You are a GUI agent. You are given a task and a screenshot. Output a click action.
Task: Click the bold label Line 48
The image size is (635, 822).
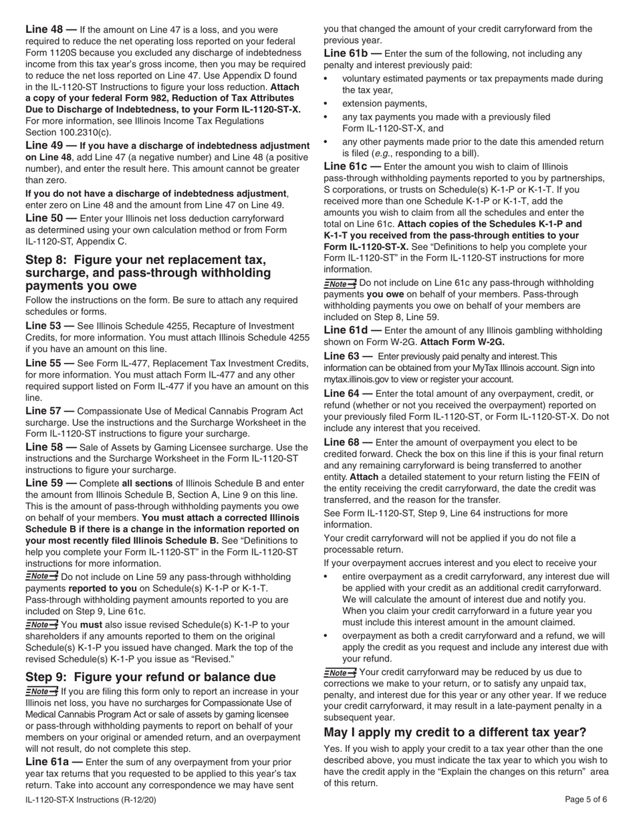pyautogui.click(x=45, y=29)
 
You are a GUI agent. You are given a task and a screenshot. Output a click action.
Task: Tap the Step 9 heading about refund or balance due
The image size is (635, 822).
pyautogui.click(x=150, y=677)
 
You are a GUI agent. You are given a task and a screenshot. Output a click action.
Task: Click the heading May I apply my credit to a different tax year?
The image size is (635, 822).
pyautogui.click(x=455, y=732)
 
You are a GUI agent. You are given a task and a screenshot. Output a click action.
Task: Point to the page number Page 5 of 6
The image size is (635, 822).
pyautogui.click(x=586, y=799)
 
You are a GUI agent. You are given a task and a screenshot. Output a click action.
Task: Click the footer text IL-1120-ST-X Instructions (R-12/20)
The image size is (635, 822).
pyautogui.click(x=91, y=799)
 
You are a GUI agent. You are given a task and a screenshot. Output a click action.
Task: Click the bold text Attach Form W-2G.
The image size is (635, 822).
pyautogui.click(x=462, y=341)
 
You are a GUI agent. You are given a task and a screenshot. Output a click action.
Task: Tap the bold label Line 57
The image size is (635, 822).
pyautogui.click(x=45, y=410)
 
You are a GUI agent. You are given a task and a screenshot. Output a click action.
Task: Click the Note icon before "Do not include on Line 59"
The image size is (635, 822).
pyautogui.click(x=41, y=576)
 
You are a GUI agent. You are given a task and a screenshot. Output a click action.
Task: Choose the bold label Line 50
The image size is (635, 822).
pyautogui.click(x=45, y=219)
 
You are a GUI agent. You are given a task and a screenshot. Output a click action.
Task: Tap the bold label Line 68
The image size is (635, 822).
pyautogui.click(x=344, y=442)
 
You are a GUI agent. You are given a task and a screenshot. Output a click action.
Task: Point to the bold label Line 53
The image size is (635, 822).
pyautogui.click(x=45, y=326)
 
